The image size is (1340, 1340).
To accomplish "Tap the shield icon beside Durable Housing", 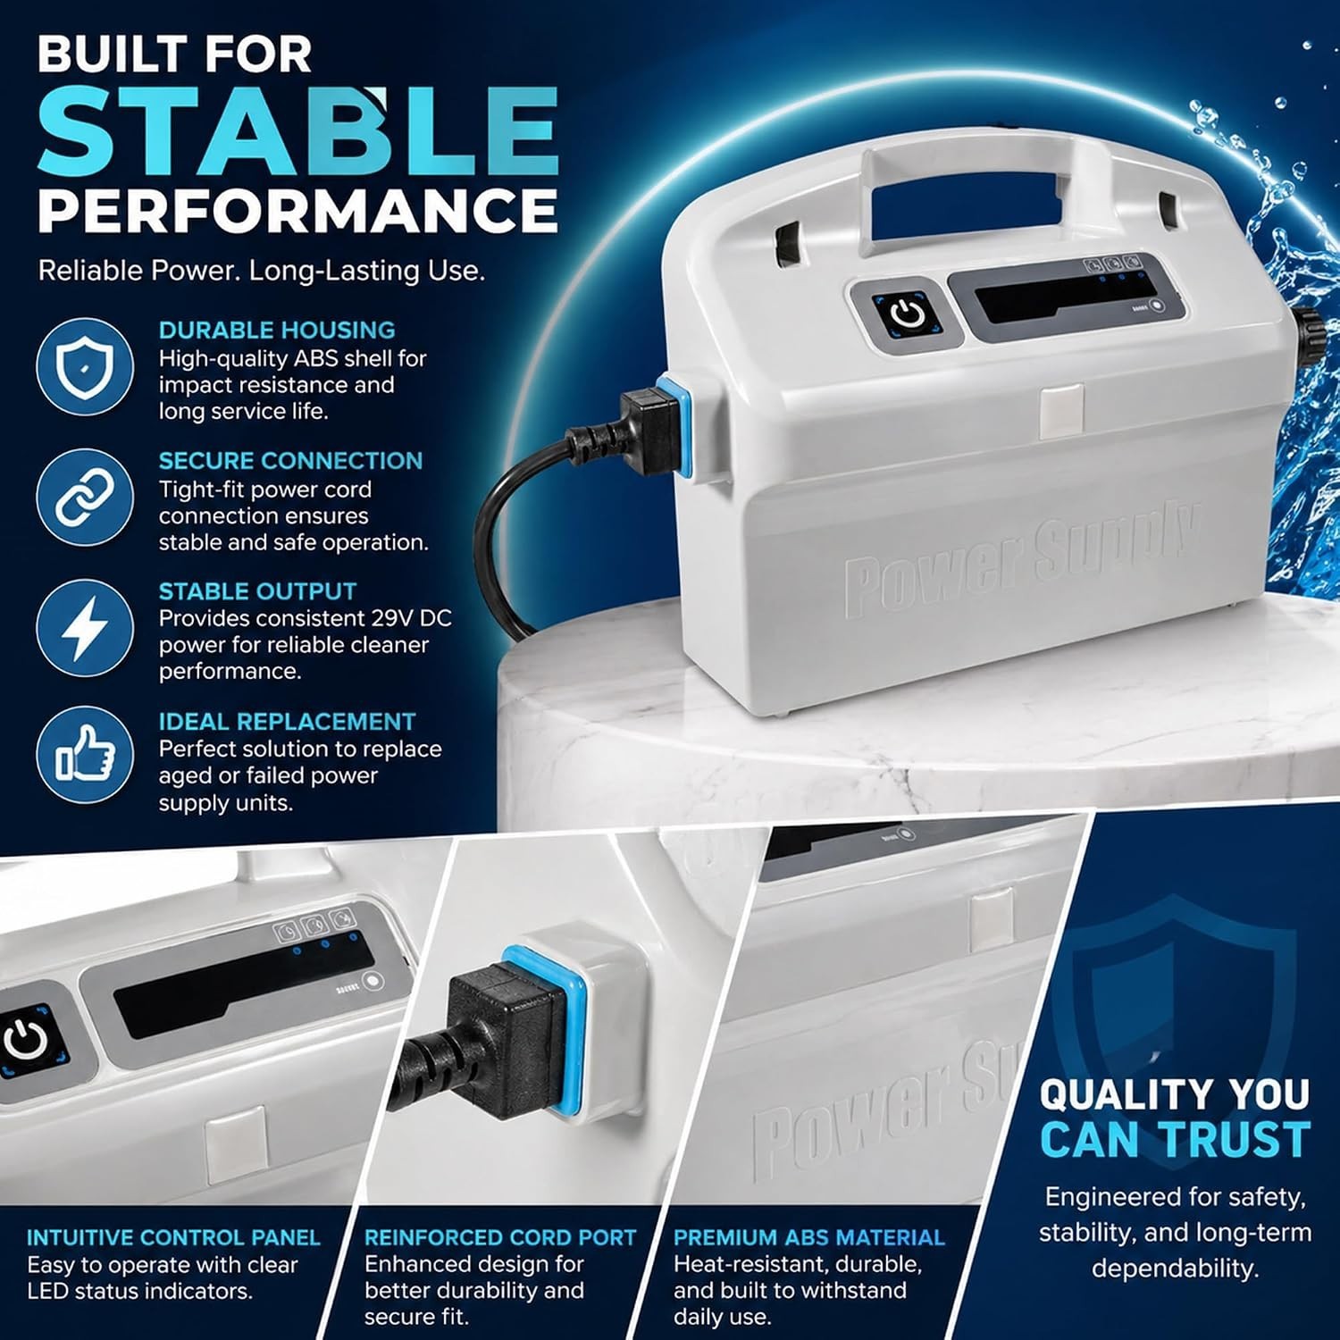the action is coord(85,366).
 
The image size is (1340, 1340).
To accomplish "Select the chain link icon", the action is coord(85,497).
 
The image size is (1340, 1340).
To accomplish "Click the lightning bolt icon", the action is coord(85,627).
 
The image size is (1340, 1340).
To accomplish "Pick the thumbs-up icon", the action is coord(85,755).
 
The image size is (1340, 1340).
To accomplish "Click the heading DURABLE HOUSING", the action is coord(277,331).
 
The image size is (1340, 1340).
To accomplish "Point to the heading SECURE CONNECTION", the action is coord(290,461).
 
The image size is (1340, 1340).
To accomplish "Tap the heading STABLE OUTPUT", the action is coord(257,591).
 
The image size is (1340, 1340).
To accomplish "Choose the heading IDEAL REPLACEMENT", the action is coord(287,722).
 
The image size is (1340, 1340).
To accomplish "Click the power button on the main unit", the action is coord(907,314).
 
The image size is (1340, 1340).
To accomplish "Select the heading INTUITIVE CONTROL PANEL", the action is coord(173,1237).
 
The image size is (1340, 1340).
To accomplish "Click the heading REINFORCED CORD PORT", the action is coord(500,1237).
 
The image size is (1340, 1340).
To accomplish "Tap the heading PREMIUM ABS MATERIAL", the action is coord(809,1237).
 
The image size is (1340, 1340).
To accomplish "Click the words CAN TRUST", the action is coord(1175,1140).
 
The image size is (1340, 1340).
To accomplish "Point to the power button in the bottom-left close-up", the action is coord(27,1040).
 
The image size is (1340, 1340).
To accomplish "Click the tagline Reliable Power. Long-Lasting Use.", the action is coord(262,271).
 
